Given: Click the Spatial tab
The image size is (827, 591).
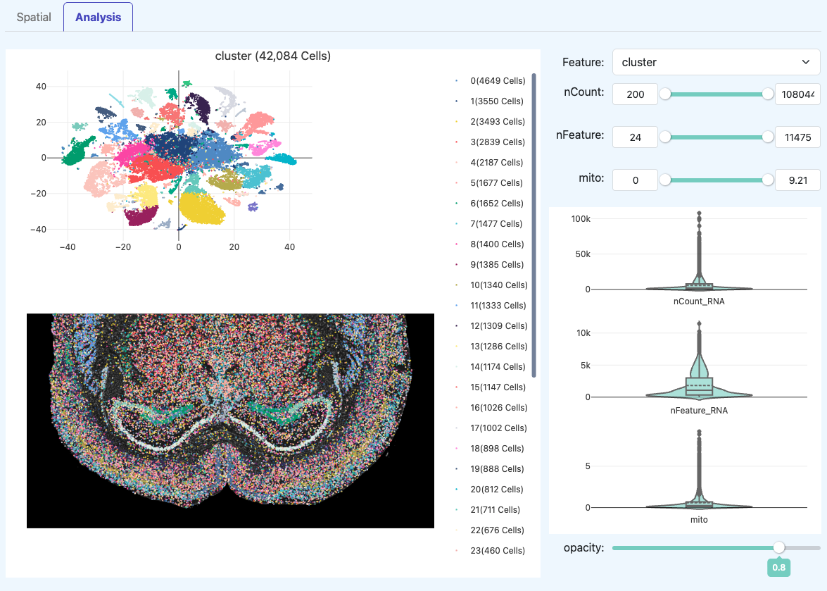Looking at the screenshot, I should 34,17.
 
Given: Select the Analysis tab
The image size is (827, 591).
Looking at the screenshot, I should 98,17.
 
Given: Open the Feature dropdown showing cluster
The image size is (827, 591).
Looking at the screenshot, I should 716,62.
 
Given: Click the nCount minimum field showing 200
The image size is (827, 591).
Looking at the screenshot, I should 635,94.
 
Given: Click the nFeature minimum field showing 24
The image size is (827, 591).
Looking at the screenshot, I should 635,137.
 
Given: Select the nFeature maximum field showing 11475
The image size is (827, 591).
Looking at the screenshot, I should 797,137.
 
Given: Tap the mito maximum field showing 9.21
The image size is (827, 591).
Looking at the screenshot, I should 797,181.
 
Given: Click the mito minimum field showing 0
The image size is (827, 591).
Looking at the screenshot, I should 635,181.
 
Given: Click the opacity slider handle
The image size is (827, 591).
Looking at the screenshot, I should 778,547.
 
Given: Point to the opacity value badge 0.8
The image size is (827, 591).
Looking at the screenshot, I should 778,567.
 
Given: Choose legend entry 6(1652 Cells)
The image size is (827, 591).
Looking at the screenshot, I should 497,204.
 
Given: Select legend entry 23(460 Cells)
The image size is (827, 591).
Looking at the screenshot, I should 497,551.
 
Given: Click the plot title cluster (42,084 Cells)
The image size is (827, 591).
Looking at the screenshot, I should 273,56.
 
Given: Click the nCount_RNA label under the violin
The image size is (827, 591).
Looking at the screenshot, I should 698,302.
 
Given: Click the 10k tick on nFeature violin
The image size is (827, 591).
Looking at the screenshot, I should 583,332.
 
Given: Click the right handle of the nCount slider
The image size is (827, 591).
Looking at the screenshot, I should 768,94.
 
